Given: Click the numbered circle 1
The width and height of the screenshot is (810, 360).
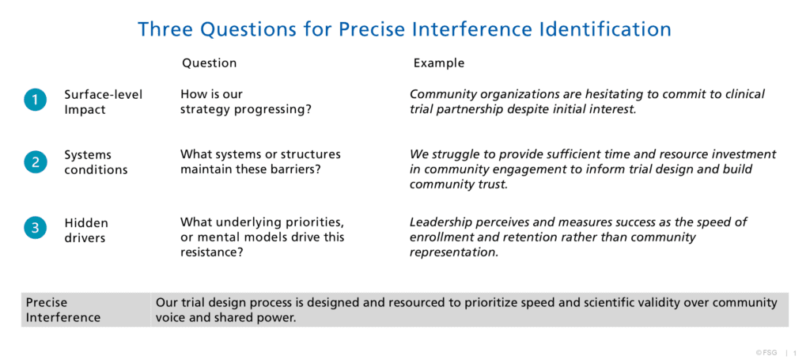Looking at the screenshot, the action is pyautogui.click(x=35, y=100).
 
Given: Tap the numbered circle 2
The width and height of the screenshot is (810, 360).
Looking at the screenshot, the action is pyautogui.click(x=35, y=162).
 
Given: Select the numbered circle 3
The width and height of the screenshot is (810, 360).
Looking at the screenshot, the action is pyautogui.click(x=35, y=229).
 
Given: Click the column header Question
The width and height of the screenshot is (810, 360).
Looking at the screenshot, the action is pyautogui.click(x=209, y=63).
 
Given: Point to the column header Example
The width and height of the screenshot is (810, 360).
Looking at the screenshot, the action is pyautogui.click(x=438, y=63).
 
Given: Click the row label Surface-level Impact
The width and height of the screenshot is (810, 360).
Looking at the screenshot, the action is pyautogui.click(x=103, y=102).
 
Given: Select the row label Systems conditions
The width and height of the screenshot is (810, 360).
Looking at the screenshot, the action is pyautogui.click(x=96, y=162).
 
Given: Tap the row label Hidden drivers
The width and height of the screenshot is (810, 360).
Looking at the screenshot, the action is pyautogui.click(x=86, y=230).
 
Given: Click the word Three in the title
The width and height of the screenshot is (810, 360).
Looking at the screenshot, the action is pyautogui.click(x=166, y=29).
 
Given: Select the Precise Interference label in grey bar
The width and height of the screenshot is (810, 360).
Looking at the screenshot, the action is pyautogui.click(x=63, y=310).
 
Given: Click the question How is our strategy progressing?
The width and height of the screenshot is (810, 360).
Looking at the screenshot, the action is pyautogui.click(x=246, y=102).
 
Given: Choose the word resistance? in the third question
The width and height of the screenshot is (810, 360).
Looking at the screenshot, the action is pyautogui.click(x=212, y=252).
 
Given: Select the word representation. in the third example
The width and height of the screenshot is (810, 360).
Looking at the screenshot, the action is pyautogui.click(x=454, y=253).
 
